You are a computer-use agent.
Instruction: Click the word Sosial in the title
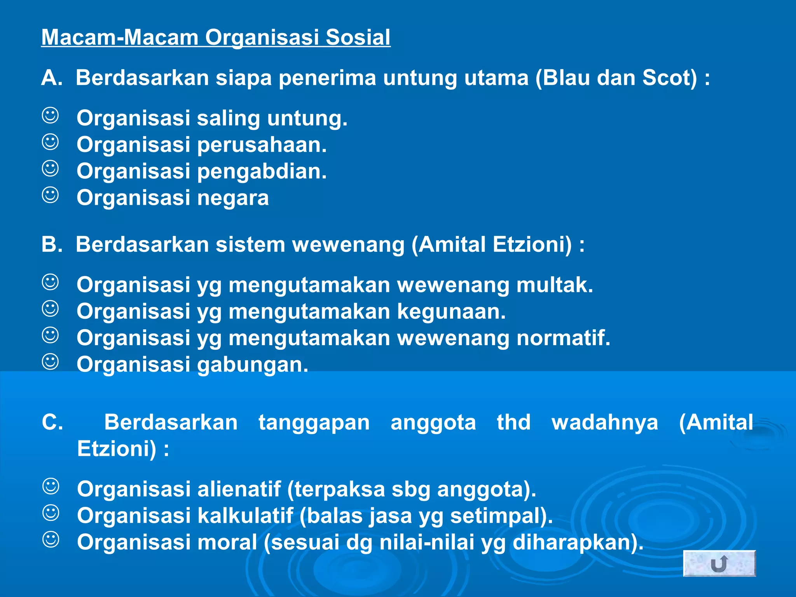(x=358, y=38)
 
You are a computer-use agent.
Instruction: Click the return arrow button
(x=719, y=563)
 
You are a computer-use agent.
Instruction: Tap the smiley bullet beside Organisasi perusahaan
(x=51, y=142)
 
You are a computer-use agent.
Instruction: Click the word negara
(x=233, y=198)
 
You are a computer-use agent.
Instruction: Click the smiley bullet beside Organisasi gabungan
(x=51, y=362)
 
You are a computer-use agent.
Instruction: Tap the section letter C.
(x=52, y=422)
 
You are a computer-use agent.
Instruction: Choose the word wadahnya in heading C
(x=605, y=422)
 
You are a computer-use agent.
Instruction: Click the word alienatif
(x=239, y=489)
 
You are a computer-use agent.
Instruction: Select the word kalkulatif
(x=245, y=516)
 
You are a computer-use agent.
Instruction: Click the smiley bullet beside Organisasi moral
(x=51, y=540)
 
